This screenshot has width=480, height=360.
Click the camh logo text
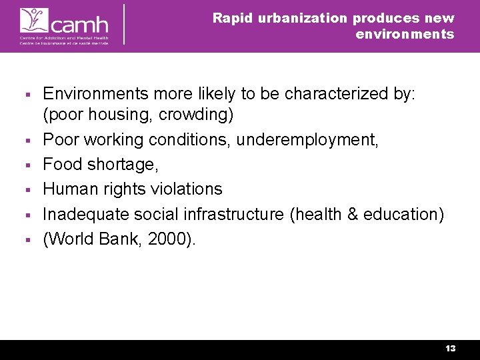(79, 25)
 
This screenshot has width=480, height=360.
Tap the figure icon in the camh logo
(32, 20)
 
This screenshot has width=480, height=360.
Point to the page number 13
(451, 349)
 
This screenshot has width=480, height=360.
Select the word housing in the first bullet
(115, 115)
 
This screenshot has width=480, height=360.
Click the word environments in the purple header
(405, 34)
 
